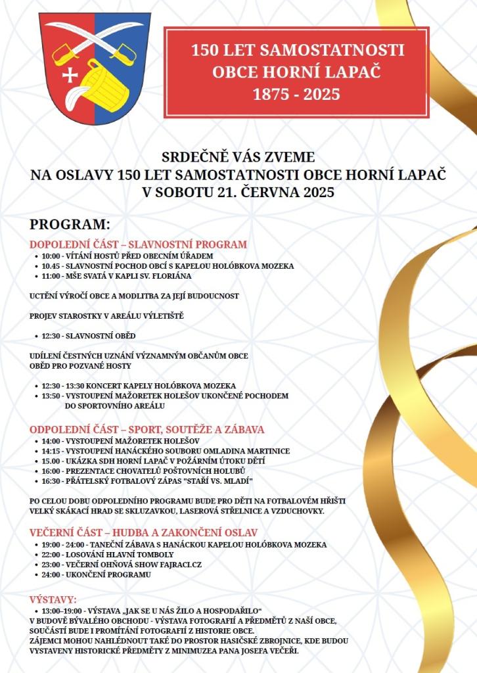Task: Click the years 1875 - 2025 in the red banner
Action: [x=296, y=95]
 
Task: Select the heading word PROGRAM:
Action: [x=69, y=223]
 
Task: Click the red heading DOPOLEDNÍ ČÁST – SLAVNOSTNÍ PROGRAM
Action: [x=138, y=244]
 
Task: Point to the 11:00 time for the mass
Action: [x=51, y=277]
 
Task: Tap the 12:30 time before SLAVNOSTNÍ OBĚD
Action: [x=51, y=335]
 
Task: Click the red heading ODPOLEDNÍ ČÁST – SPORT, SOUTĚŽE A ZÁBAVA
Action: [x=147, y=429]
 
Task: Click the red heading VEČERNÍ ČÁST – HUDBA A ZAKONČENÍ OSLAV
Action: [x=143, y=532]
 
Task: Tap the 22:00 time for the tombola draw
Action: [x=51, y=554]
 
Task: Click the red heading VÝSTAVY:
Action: [x=53, y=599]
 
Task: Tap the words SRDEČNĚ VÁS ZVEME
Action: [x=238, y=158]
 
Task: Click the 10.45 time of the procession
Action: [x=51, y=266]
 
